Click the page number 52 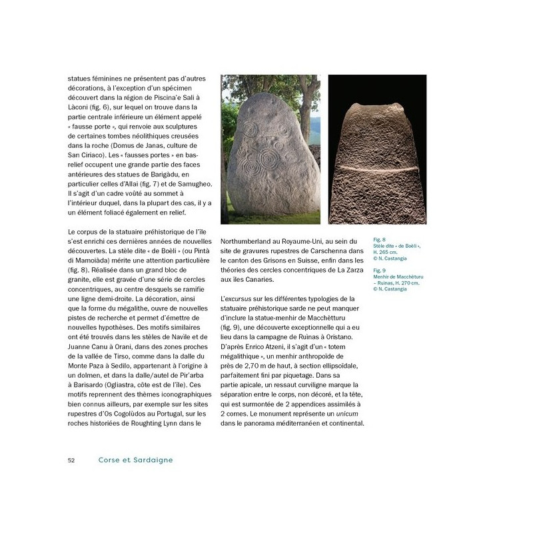click(71, 460)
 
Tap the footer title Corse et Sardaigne click(136, 460)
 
